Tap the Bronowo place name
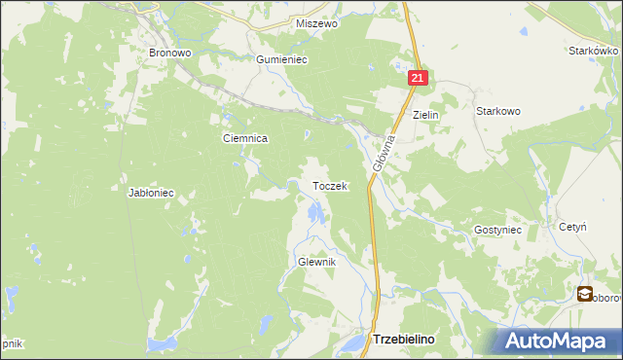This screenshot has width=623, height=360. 167,53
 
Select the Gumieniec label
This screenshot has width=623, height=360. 281,59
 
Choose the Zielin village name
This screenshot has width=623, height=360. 426,115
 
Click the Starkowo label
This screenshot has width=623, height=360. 497,111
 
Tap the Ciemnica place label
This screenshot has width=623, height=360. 245,138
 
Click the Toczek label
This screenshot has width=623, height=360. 329,186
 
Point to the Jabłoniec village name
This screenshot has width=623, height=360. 151,193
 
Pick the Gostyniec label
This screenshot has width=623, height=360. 498,230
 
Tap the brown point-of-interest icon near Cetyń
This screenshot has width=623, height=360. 584,293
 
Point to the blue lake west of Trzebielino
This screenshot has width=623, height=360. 348,345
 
